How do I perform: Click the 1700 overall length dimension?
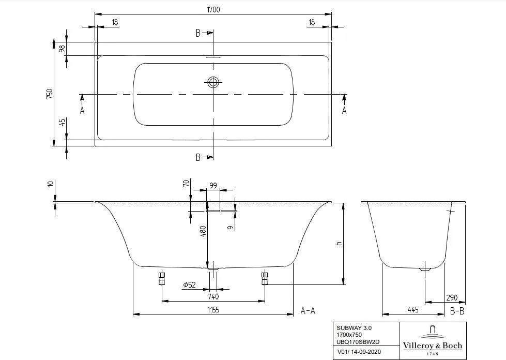point(213,10)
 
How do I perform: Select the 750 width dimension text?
point(50,94)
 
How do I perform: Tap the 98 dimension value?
point(62,49)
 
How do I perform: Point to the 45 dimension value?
point(62,122)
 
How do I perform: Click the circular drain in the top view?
point(213,82)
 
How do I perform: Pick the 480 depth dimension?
point(203,232)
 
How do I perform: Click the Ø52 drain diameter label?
point(190,284)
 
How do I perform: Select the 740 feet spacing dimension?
point(213,296)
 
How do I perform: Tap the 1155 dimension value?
point(213,310)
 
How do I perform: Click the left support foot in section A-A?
point(162,279)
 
